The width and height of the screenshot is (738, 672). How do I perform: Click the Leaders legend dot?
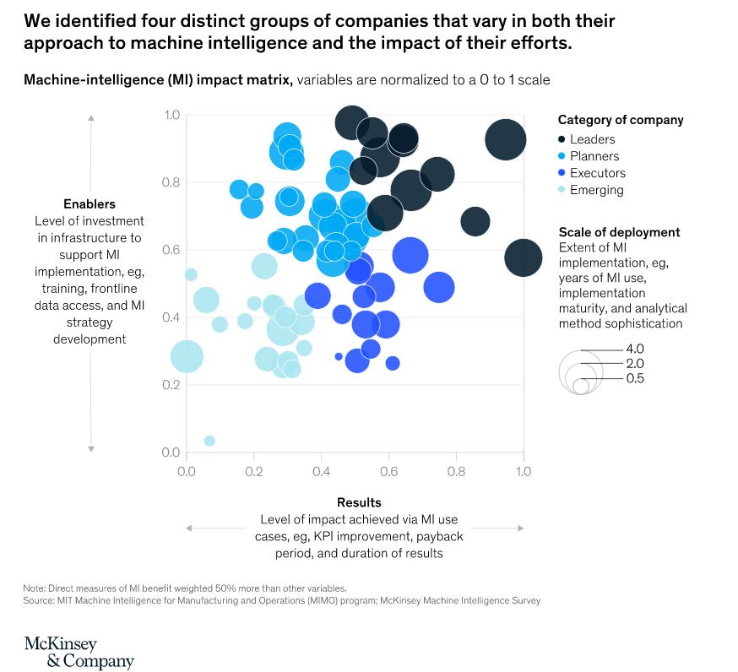pos(562,139)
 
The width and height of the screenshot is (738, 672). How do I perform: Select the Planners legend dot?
pos(562,156)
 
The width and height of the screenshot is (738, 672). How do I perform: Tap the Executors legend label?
pos(597,173)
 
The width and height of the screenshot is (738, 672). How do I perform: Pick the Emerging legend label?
pos(596,190)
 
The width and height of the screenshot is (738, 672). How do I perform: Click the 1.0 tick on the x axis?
pos(524,471)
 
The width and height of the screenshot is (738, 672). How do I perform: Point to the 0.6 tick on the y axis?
pos(172,250)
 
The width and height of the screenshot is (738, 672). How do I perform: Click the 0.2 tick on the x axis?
pos(253,471)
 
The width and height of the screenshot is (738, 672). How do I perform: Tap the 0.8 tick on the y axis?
pos(172,182)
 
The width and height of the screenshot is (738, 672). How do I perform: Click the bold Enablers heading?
pos(90,203)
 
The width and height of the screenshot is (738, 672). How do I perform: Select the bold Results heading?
pos(359,502)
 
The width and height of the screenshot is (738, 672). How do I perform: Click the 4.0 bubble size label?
pos(635,349)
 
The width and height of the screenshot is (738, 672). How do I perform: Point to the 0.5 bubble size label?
pos(635,379)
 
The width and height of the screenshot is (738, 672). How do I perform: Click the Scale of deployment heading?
pos(619,232)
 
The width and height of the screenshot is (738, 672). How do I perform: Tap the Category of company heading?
pos(621,120)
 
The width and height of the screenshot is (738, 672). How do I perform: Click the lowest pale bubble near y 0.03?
pos(209,441)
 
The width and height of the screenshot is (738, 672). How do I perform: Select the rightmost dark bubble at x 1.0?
pos(524,257)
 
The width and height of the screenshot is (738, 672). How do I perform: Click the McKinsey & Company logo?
pos(79,653)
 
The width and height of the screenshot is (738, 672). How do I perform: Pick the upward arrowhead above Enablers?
pos(91,117)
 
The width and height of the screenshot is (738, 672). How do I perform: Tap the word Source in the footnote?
pos(41,600)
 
